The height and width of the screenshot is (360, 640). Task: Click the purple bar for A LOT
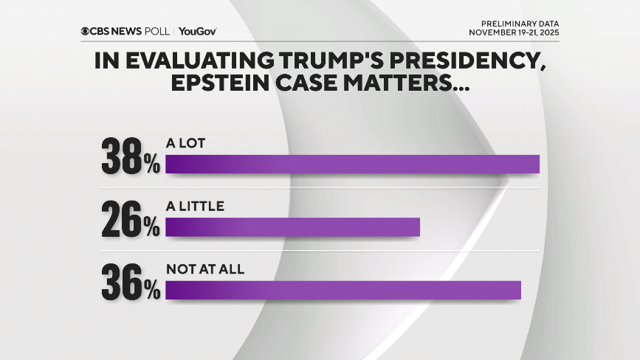point(352,164)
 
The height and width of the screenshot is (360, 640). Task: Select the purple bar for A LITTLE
point(292,227)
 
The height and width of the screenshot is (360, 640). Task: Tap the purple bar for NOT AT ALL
point(343,291)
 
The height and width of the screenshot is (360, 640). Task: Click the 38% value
point(130,156)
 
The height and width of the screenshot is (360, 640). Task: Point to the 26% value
point(130,220)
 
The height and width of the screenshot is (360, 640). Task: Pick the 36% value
point(130,283)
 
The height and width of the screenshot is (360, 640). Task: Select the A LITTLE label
point(195,207)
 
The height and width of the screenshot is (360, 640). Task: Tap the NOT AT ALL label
point(205,270)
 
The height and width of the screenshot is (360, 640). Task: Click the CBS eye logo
point(86,31)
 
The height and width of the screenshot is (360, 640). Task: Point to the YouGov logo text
point(197,31)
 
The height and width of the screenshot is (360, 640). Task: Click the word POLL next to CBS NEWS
point(157,31)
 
